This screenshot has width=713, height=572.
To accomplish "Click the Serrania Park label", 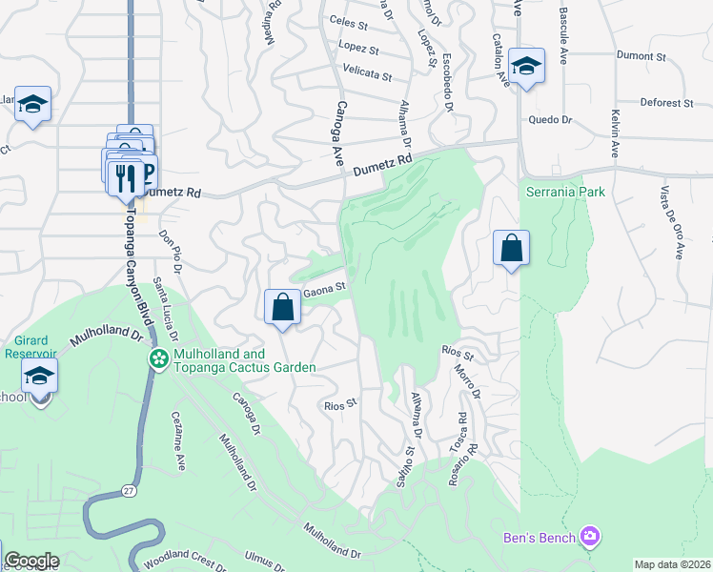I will click(565, 192).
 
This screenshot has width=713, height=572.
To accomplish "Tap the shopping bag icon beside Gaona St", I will click(282, 307).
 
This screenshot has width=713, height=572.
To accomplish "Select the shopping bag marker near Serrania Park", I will click(512, 248).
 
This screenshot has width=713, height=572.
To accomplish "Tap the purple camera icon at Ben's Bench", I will click(590, 538).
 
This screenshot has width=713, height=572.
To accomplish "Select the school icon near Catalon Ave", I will click(525, 66).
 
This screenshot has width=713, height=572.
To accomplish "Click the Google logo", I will click(31, 561).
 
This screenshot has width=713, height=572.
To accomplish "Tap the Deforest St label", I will click(666, 102).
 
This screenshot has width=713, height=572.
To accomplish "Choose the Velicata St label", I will click(367, 73).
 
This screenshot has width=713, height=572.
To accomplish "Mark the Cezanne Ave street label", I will click(178, 441).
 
